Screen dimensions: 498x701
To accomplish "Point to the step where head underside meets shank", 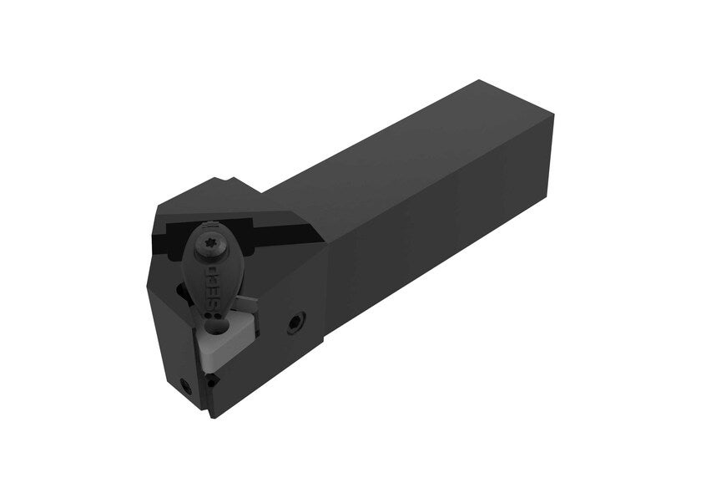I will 325,351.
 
